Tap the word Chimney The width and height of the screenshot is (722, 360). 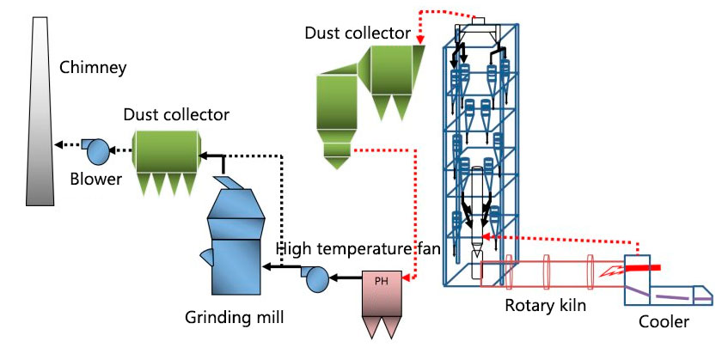point(94,66)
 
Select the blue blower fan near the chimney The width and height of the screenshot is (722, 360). point(99,151)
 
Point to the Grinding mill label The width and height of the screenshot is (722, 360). point(234,318)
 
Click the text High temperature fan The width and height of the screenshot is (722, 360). point(358,249)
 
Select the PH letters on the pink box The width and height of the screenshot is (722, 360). point(382,280)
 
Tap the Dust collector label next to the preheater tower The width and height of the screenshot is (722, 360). point(358,33)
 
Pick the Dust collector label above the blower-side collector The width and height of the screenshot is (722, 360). point(176,114)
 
